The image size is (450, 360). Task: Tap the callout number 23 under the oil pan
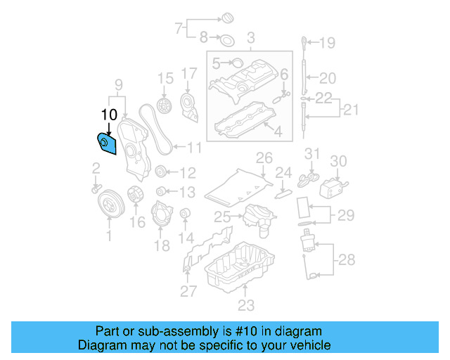245,305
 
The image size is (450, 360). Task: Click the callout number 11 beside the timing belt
193,148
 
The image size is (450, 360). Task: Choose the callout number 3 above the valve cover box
250,37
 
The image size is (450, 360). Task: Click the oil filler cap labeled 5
236,63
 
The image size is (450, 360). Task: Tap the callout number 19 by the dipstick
328,44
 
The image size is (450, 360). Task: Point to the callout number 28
347,261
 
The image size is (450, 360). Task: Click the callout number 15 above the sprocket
165,77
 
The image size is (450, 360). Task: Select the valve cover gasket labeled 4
243,121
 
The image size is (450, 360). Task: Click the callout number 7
179,29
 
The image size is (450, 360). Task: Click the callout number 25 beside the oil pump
223,216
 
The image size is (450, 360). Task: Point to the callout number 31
312,153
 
